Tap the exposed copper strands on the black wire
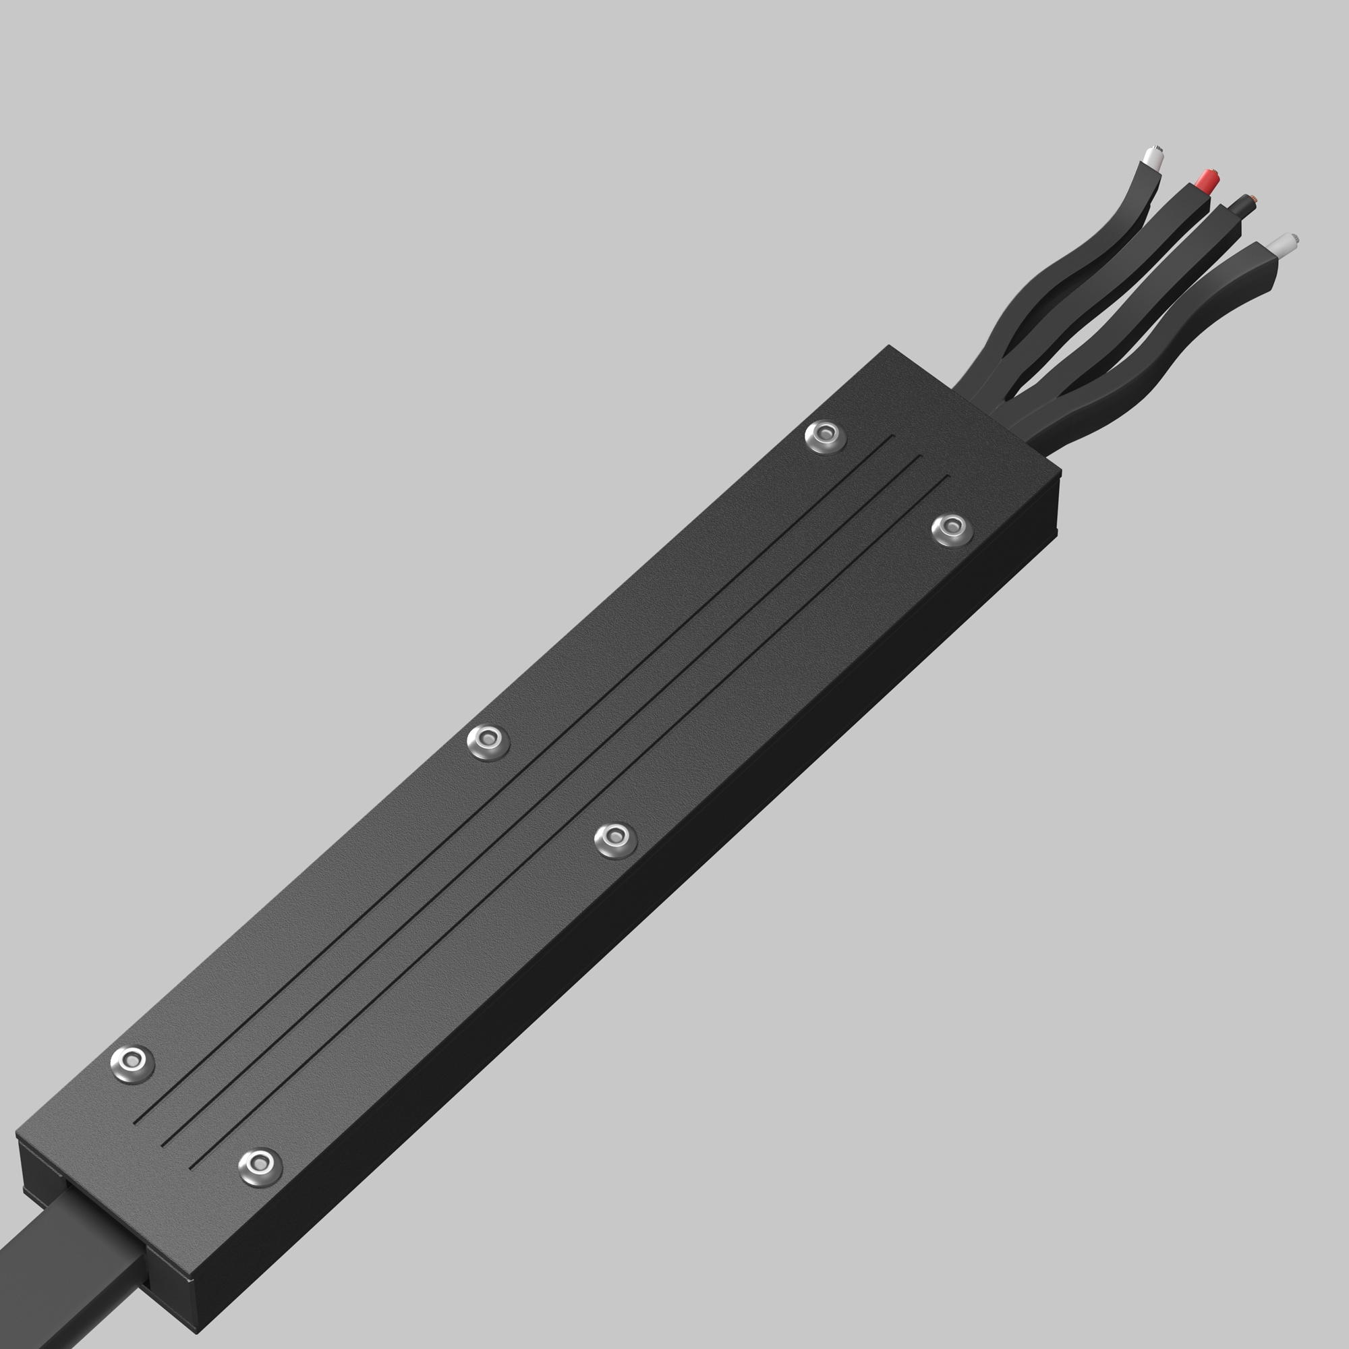pyautogui.click(x=1255, y=200)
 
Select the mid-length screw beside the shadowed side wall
pyautogui.click(x=615, y=838)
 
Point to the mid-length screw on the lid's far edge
pyautogui.click(x=488, y=741)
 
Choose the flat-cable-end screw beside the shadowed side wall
pyautogui.click(x=260, y=1166)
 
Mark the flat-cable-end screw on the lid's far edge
pyautogui.click(x=132, y=1064)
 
